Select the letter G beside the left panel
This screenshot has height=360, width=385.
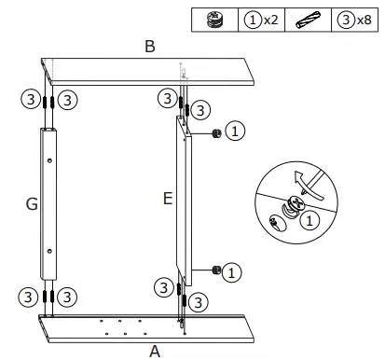tap(31, 204)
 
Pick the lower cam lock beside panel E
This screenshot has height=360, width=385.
tap(215, 270)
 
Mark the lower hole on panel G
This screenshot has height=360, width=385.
tap(48, 249)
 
